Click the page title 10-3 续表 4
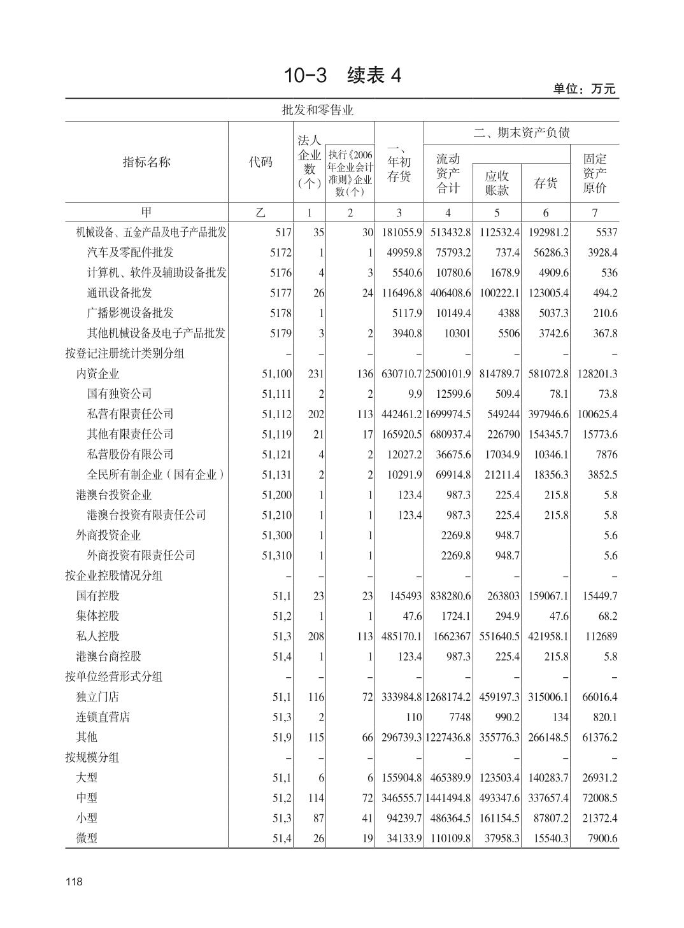point(342,76)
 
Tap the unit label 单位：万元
point(584,89)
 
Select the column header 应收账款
point(497,183)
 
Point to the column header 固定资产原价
point(595,172)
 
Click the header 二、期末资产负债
point(521,132)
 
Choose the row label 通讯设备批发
point(120,293)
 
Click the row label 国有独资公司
point(120,394)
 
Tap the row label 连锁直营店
point(103,717)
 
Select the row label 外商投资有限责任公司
point(141,555)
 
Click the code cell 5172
point(280,253)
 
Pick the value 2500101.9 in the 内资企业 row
point(448,374)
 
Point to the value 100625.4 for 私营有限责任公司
point(597,414)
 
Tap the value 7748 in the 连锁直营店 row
point(459,717)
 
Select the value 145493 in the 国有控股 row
point(406,596)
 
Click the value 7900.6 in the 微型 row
point(602,838)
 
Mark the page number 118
point(74,882)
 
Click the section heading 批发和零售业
point(318,110)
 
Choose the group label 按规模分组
point(92,757)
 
